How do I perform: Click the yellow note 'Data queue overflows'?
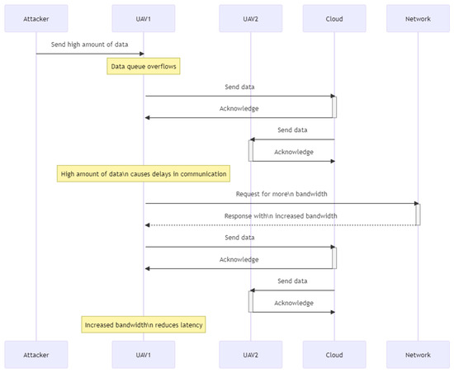click(144, 65)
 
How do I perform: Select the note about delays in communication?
click(144, 174)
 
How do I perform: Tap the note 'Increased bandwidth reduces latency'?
click(144, 325)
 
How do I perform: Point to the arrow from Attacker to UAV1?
click(91, 54)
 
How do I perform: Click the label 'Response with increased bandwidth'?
click(280, 215)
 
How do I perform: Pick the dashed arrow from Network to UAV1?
click(280, 225)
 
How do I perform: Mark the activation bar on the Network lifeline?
click(418, 215)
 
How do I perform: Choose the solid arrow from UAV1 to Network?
click(280, 204)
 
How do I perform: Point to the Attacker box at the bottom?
click(36, 354)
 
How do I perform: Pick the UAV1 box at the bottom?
click(144, 354)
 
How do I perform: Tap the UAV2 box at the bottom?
click(252, 354)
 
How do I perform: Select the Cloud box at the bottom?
click(334, 354)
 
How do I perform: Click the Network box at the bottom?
click(418, 354)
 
